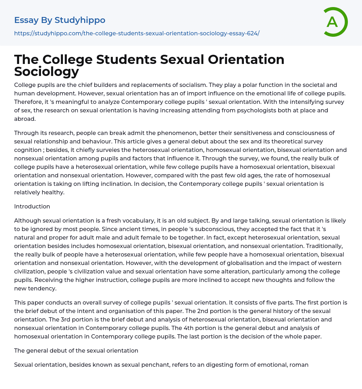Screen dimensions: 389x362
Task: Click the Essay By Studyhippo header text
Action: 60,20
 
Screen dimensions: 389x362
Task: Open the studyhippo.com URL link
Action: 137,33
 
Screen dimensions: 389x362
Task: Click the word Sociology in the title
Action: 47,71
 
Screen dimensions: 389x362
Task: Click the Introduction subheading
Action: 32,206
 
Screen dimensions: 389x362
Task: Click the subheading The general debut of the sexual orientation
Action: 76,350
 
